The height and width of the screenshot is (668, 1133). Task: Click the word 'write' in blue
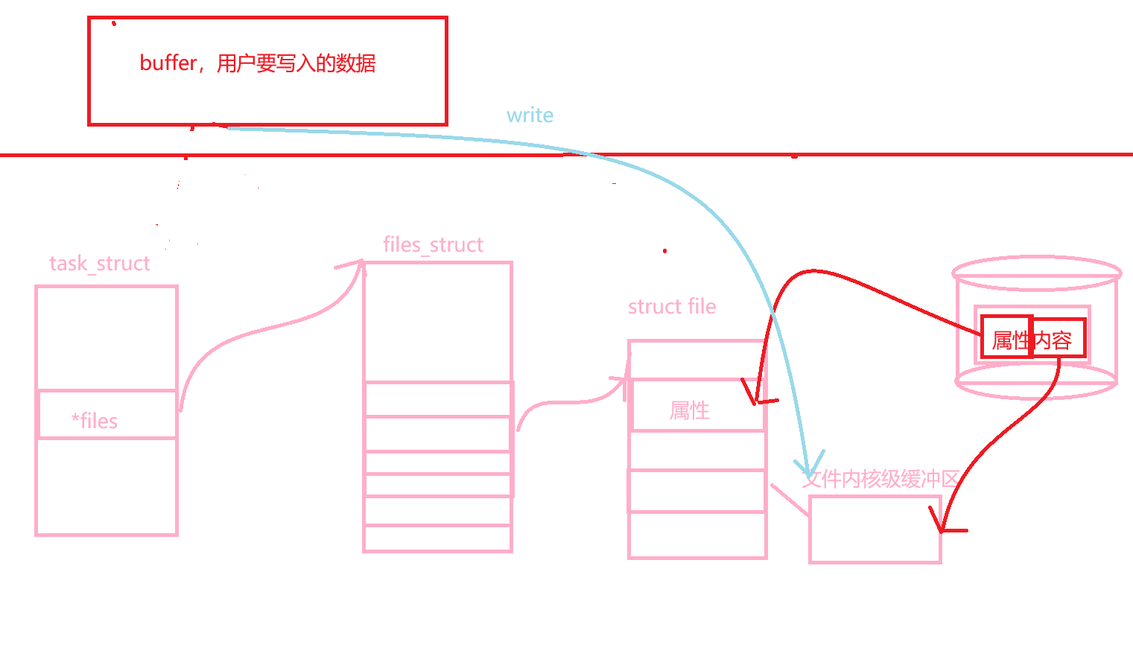[x=530, y=115]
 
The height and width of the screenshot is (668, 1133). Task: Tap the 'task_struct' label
[x=100, y=264]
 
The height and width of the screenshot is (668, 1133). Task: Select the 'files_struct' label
[x=433, y=245]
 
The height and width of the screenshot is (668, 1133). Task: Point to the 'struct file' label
[x=672, y=306]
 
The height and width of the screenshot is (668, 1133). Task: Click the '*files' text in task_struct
[x=95, y=421]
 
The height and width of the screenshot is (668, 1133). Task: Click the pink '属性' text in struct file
[x=690, y=410]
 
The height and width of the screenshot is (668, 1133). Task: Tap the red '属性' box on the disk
[x=1006, y=337]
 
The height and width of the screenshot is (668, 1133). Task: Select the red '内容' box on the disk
[x=1059, y=338]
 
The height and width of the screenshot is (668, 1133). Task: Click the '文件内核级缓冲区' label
[x=880, y=479]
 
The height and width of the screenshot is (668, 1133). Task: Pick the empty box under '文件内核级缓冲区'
[x=875, y=529]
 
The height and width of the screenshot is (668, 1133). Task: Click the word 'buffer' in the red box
[x=168, y=63]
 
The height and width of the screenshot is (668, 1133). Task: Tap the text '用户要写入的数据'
[x=296, y=64]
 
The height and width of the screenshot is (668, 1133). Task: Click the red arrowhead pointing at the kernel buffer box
[x=942, y=529]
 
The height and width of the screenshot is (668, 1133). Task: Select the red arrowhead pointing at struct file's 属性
[x=755, y=402]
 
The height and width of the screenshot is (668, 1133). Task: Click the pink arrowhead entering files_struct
[x=361, y=262]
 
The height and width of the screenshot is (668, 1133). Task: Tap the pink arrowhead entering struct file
[x=626, y=380]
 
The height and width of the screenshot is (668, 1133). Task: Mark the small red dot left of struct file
[x=664, y=251]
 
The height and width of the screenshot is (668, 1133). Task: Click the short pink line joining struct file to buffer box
[x=790, y=500]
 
